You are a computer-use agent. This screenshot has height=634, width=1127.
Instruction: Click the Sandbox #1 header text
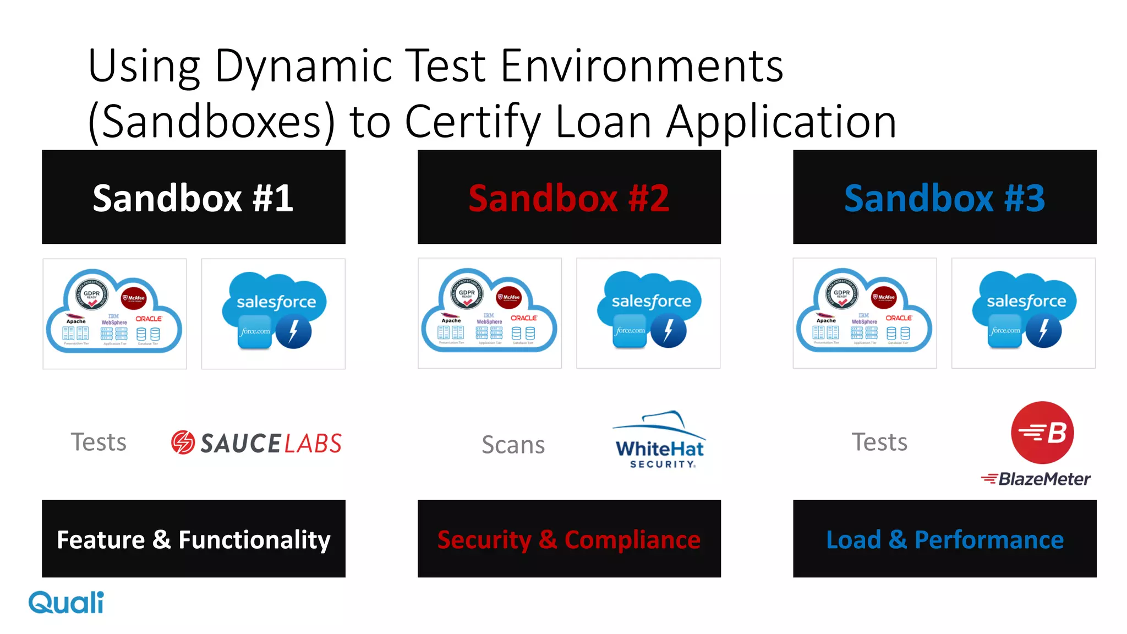point(193,198)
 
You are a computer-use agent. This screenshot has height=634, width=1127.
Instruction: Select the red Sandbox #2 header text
point(568,198)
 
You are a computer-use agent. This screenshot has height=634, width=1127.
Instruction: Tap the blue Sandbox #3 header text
point(944,198)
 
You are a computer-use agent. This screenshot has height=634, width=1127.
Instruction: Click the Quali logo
point(66,603)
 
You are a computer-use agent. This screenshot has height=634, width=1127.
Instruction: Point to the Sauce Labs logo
point(256,443)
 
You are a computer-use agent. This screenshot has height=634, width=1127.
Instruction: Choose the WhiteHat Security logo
point(660,440)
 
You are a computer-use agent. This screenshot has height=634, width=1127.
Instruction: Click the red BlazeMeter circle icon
point(1042,433)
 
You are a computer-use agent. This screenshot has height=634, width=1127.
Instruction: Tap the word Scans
point(513,445)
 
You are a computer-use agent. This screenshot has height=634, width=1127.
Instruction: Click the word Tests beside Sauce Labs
point(99,442)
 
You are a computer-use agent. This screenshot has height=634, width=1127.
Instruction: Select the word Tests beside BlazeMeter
point(879,442)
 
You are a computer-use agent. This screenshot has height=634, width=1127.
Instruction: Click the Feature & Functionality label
point(193,539)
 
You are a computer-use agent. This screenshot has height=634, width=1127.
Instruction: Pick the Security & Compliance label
point(568,539)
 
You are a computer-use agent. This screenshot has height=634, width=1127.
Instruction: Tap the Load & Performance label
point(944,539)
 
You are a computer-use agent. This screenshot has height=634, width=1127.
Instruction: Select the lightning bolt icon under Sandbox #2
point(668,330)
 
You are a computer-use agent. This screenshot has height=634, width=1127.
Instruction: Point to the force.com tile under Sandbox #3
point(1005,331)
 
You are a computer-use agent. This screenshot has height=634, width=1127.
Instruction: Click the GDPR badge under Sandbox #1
point(91,294)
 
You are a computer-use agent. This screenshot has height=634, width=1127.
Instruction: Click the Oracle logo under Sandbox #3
point(898,318)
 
